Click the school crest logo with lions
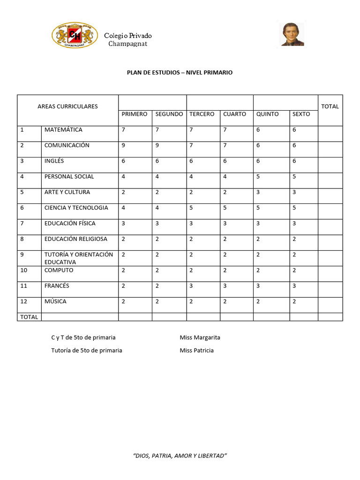(75, 36)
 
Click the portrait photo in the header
(292, 34)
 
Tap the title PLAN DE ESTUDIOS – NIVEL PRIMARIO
(180, 73)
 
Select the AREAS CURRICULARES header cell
(67, 106)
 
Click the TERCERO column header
(202, 114)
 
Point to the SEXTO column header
(301, 114)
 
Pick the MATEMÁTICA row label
(63, 129)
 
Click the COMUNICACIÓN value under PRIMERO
(123, 145)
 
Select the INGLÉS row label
(54, 161)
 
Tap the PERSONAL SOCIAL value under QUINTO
(258, 177)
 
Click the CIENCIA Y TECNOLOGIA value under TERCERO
(191, 208)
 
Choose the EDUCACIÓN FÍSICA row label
(69, 223)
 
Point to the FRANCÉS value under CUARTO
(225, 286)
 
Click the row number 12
(23, 301)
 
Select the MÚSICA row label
(55, 301)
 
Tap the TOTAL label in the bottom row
(29, 317)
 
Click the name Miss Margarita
(200, 337)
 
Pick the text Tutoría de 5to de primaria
(87, 350)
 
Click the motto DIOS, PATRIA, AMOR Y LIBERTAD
(180, 456)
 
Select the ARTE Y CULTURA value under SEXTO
(294, 192)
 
